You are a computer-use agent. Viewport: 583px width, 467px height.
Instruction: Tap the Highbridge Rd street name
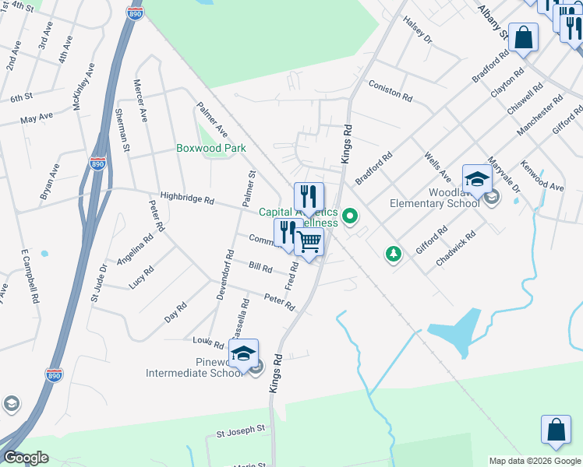coord(187,200)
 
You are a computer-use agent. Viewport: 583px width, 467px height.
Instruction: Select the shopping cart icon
coord(309,244)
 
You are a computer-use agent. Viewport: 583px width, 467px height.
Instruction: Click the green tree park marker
coord(394,254)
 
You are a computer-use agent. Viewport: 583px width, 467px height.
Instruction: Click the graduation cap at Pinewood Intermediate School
coord(244,354)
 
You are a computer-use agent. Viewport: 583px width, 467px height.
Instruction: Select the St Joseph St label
coord(241,428)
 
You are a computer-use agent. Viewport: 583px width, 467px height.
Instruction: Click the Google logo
coord(26,458)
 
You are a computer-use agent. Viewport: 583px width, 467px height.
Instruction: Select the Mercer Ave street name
coord(140,100)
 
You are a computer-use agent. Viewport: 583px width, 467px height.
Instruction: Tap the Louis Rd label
coord(202,341)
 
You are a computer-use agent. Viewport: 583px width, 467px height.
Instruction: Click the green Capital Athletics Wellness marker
coord(351,216)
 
